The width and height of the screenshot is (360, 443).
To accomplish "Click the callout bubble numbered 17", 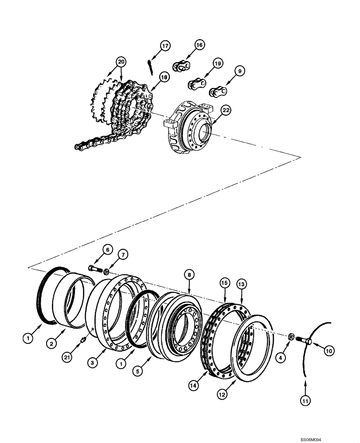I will point(165,46).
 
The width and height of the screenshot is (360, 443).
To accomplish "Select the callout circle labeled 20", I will point(121,62).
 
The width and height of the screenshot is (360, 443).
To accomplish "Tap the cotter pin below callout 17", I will point(150,65).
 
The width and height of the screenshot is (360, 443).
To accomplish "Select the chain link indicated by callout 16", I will point(181,66).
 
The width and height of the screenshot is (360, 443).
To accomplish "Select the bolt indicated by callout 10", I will point(303,341).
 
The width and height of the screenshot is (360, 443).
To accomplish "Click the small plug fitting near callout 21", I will point(82,340).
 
